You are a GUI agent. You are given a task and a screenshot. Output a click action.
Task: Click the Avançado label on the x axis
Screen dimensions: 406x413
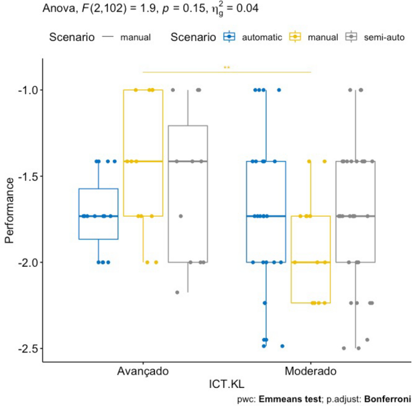pos(143,371)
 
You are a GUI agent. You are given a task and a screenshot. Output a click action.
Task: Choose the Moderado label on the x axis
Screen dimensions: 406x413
pos(311,371)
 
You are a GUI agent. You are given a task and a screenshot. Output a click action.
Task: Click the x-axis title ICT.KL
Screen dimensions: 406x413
pos(227,384)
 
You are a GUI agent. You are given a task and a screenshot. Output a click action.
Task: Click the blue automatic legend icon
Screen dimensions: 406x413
pos(229,37)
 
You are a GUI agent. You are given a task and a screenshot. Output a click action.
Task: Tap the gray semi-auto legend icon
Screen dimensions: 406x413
pos(350,37)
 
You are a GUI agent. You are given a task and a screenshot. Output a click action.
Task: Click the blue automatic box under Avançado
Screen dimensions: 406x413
pos(98,214)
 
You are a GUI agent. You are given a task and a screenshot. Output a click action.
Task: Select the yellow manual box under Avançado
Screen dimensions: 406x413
pos(143,153)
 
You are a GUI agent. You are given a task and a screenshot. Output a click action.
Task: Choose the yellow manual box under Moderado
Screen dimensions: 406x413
pos(311,259)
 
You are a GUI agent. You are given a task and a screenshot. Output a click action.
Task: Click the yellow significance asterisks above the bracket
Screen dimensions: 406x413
pos(227,67)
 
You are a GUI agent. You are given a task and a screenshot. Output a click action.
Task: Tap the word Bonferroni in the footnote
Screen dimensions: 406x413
pos(389,399)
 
